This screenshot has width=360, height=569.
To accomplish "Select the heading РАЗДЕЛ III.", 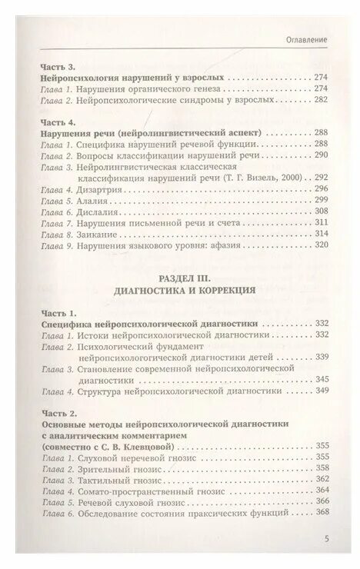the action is point(181,279).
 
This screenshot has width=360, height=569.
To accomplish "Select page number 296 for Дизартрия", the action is point(321,188).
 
